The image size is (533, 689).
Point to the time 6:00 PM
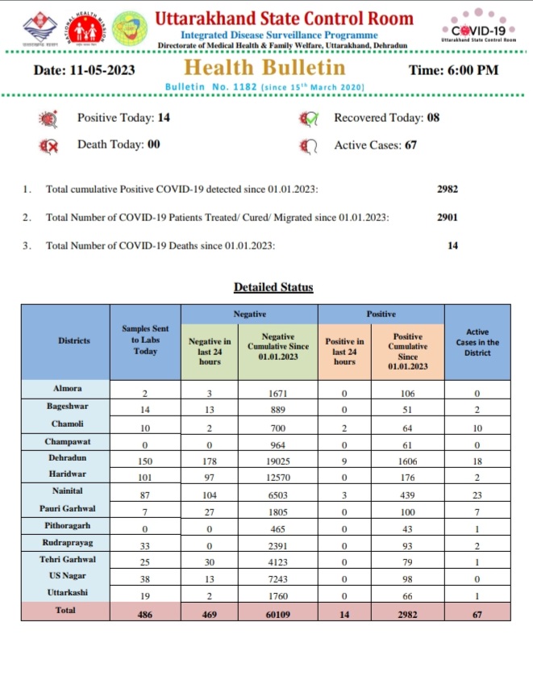tap(454, 69)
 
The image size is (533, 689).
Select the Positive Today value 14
tap(164, 118)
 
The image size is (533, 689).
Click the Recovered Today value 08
tap(433, 118)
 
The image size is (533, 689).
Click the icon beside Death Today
tap(49, 146)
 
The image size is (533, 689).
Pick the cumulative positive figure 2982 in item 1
tap(447, 190)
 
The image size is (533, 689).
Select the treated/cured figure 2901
tap(447, 218)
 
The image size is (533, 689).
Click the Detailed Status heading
tap(273, 287)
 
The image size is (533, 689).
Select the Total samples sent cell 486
tap(146, 612)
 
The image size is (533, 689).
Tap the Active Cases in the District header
tap(477, 341)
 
